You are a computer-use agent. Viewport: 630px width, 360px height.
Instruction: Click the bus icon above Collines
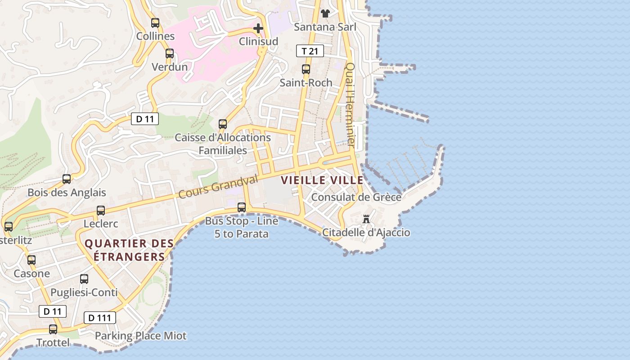pos(155,22)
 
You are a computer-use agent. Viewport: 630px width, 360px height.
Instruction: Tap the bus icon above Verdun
pos(169,54)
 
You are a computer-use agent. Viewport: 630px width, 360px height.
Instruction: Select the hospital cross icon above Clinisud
pos(258,28)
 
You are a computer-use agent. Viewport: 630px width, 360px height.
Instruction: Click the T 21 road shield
pos(310,51)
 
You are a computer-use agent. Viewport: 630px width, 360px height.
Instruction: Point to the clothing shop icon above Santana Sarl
pos(325,13)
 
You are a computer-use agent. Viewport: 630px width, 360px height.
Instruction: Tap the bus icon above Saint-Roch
pos(306,69)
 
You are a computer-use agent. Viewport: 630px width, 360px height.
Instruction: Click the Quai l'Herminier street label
pos(350,104)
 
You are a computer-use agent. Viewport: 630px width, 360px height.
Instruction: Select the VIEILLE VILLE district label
pos(322,180)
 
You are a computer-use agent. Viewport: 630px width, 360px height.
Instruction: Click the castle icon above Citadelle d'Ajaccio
pos(366,219)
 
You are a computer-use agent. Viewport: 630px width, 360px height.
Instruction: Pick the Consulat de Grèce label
pos(356,197)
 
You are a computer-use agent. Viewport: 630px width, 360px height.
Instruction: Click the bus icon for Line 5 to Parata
pos(242,207)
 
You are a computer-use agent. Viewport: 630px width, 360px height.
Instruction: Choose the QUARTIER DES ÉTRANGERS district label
pos(129,250)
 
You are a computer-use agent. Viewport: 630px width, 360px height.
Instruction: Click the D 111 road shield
pos(100,318)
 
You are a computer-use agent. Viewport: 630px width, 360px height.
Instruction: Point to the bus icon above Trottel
pos(53,329)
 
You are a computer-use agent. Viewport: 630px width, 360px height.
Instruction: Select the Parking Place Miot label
pos(140,336)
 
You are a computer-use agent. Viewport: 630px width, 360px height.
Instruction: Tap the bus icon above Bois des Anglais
pos(67,179)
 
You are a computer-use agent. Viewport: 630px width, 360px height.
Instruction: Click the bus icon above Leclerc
pos(101,210)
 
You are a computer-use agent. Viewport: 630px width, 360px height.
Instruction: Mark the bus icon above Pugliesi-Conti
pos(84,279)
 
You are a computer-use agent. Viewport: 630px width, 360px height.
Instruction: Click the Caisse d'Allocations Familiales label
pos(223,144)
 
